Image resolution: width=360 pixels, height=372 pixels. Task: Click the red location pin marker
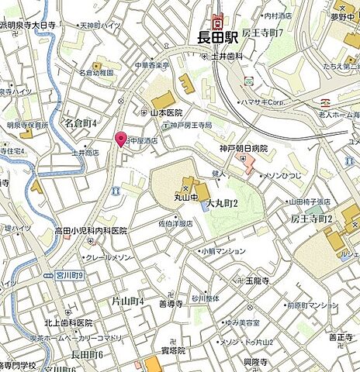[120, 139]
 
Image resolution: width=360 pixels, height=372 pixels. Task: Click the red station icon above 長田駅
[218, 19]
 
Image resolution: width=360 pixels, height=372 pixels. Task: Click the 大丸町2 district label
[221, 202]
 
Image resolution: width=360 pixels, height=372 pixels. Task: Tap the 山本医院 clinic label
[166, 113]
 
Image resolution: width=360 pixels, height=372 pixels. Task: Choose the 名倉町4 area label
[80, 122]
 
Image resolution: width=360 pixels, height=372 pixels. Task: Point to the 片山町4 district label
[129, 300]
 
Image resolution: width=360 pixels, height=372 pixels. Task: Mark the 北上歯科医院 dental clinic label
[67, 322]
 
